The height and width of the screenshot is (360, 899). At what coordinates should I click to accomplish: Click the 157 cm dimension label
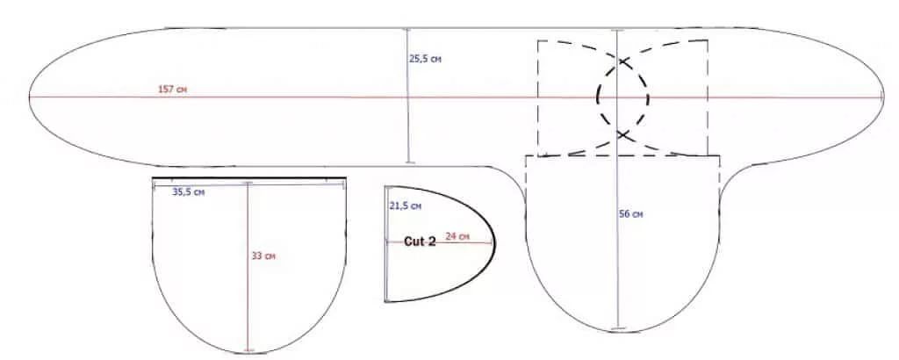[x=172, y=90]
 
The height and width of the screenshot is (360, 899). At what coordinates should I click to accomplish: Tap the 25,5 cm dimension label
[x=425, y=59]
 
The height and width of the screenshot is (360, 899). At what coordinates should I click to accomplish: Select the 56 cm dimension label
[x=632, y=214]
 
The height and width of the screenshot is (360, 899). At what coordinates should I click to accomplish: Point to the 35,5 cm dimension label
[x=188, y=192]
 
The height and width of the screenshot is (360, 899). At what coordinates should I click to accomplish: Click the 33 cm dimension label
[x=263, y=256]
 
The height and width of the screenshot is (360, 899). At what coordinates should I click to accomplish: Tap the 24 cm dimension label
[x=457, y=236]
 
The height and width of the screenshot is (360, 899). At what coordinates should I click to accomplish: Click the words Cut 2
[x=420, y=242]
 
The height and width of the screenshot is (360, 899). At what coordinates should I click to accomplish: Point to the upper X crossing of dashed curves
[x=623, y=61]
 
